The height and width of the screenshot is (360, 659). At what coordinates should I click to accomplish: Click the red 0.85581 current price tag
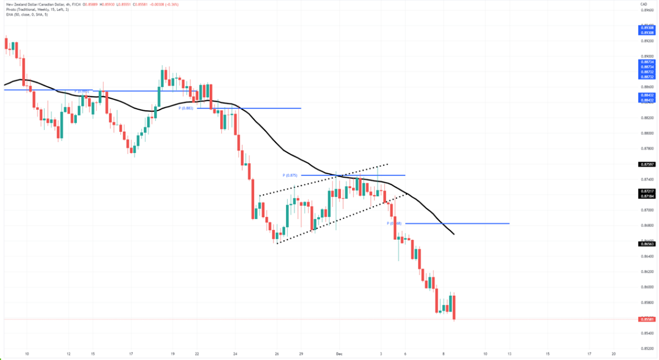[646, 319]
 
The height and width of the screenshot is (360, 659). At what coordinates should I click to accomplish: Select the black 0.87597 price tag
[646, 164]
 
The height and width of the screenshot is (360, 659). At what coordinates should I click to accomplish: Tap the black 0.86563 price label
[646, 244]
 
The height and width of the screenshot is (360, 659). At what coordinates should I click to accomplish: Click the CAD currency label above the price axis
[643, 4]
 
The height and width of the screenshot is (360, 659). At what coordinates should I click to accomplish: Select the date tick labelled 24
[235, 355]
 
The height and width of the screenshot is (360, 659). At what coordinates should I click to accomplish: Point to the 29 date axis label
[301, 355]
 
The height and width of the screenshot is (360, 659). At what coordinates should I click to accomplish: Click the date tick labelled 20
[613, 355]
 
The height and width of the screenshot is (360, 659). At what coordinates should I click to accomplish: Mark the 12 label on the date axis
[68, 355]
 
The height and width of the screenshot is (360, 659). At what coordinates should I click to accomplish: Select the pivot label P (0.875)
[290, 176]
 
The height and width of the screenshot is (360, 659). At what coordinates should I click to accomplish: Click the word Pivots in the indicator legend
[12, 9]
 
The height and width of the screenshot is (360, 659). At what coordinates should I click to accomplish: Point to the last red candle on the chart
[455, 307]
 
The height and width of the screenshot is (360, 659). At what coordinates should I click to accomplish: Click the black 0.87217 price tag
[646, 190]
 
